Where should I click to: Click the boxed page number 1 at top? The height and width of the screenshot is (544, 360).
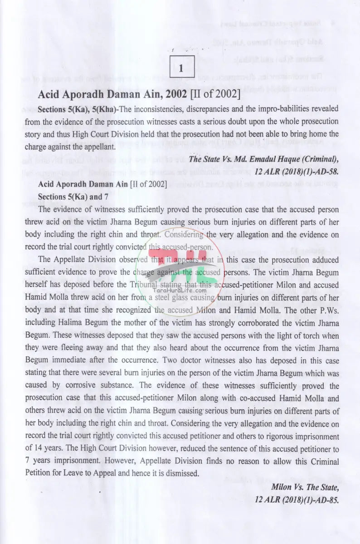[x=181, y=69]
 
